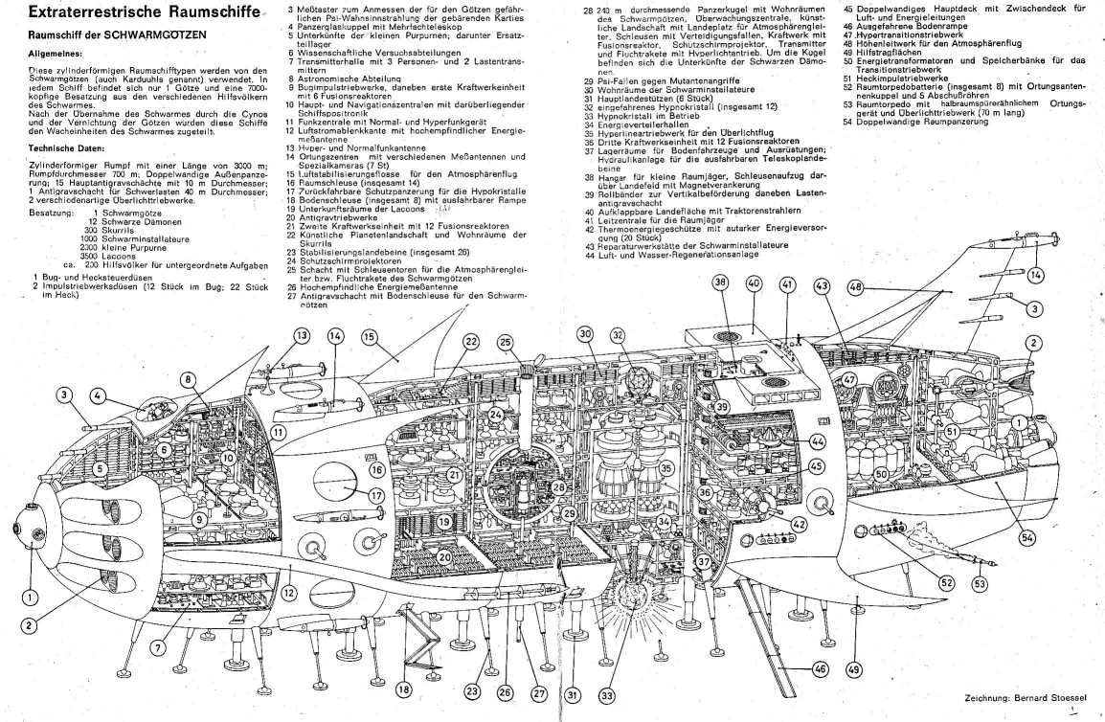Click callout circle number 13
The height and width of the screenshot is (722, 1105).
(x=302, y=335)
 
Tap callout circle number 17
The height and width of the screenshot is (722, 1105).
(x=377, y=495)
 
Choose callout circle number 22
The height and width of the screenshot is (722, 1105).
(x=471, y=341)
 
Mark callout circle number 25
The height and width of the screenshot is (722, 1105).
(x=505, y=342)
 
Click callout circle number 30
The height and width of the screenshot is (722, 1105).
(x=584, y=333)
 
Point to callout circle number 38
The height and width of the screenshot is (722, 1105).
(x=720, y=282)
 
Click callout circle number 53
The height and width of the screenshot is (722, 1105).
(x=980, y=583)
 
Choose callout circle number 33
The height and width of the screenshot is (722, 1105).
(x=605, y=695)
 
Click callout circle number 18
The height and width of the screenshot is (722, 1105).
(x=405, y=688)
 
